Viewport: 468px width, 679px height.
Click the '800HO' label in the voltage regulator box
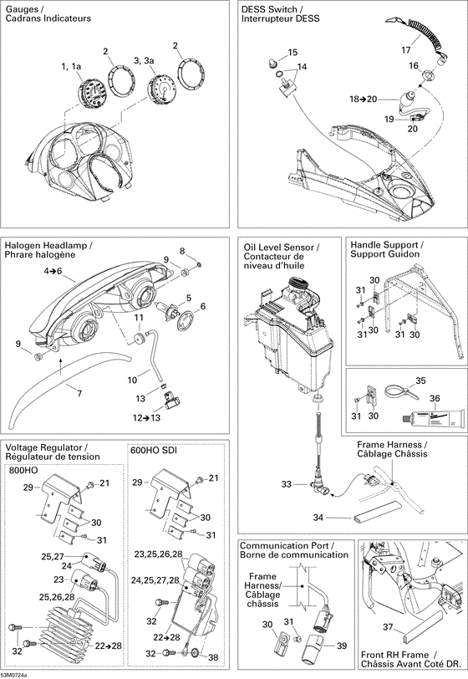tap(26, 471)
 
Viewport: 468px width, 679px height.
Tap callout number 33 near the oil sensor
tap(287, 485)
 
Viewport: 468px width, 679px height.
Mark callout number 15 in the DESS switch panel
tap(292, 53)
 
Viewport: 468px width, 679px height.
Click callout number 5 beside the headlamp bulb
tap(189, 298)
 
